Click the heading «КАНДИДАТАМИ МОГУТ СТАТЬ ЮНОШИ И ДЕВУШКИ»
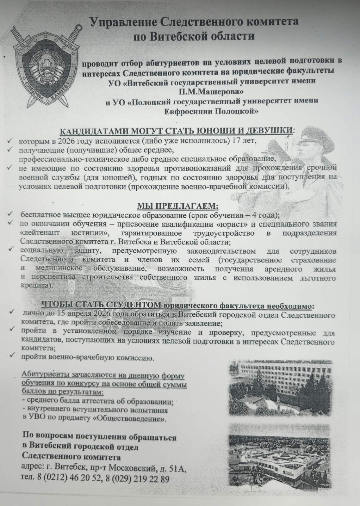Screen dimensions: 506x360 pyautogui.click(x=176, y=131)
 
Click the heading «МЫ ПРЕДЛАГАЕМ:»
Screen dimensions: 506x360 pyautogui.click(x=177, y=207)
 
